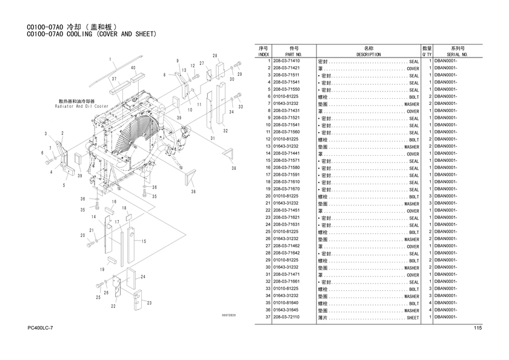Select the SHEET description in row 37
tap(412, 318)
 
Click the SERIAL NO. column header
tap(457, 54)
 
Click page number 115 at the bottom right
tap(478, 328)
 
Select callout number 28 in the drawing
tap(215, 56)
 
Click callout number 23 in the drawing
tap(149, 302)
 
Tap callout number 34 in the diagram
tap(231, 112)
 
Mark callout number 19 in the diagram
tap(102, 270)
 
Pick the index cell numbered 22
tap(267, 211)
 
